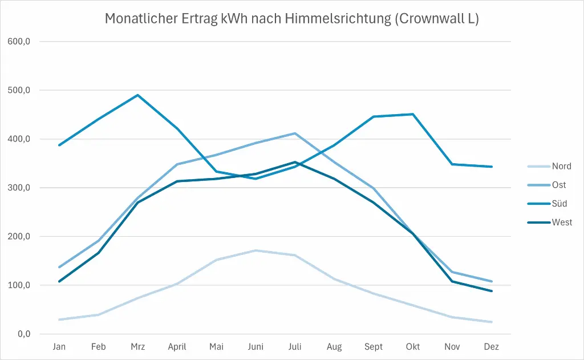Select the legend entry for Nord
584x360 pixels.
(561, 167)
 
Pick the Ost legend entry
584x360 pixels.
(559, 185)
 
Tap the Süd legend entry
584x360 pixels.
(559, 204)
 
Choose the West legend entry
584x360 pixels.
(562, 222)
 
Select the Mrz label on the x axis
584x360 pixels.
(137, 347)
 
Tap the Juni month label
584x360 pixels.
(255, 347)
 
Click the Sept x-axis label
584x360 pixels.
(374, 347)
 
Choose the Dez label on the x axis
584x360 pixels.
(491, 347)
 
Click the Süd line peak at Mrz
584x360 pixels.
(137, 95)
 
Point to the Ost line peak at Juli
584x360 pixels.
(295, 134)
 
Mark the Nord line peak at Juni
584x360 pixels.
(255, 250)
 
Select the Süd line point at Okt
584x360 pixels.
(413, 114)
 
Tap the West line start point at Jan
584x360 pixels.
(59, 281)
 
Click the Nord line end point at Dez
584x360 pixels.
(491, 322)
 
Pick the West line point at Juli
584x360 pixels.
(295, 162)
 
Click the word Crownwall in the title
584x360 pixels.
(428, 19)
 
